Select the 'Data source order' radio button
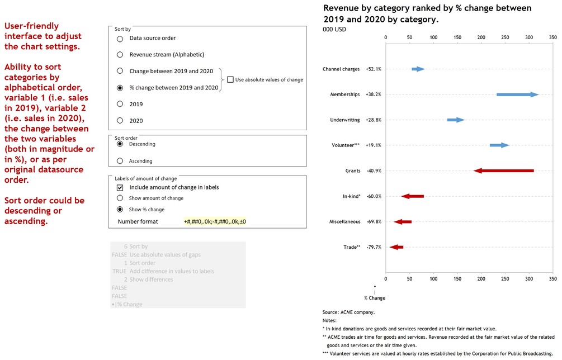[120, 39]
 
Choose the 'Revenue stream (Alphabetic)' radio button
[120, 55]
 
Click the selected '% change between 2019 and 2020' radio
[120, 88]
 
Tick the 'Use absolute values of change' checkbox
[230, 80]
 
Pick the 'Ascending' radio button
[120, 161]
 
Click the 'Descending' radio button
[120, 144]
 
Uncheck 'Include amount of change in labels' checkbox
[120, 188]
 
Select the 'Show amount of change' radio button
[120, 198]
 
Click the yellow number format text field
[215, 222]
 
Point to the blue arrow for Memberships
[517, 94]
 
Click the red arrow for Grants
[503, 170]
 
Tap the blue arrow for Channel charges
[418, 69]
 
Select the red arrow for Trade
[396, 247]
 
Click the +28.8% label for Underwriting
[373, 120]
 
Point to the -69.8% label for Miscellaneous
[374, 222]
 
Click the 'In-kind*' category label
[351, 196]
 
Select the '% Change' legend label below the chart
[375, 298]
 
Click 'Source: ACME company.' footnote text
[348, 312]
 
